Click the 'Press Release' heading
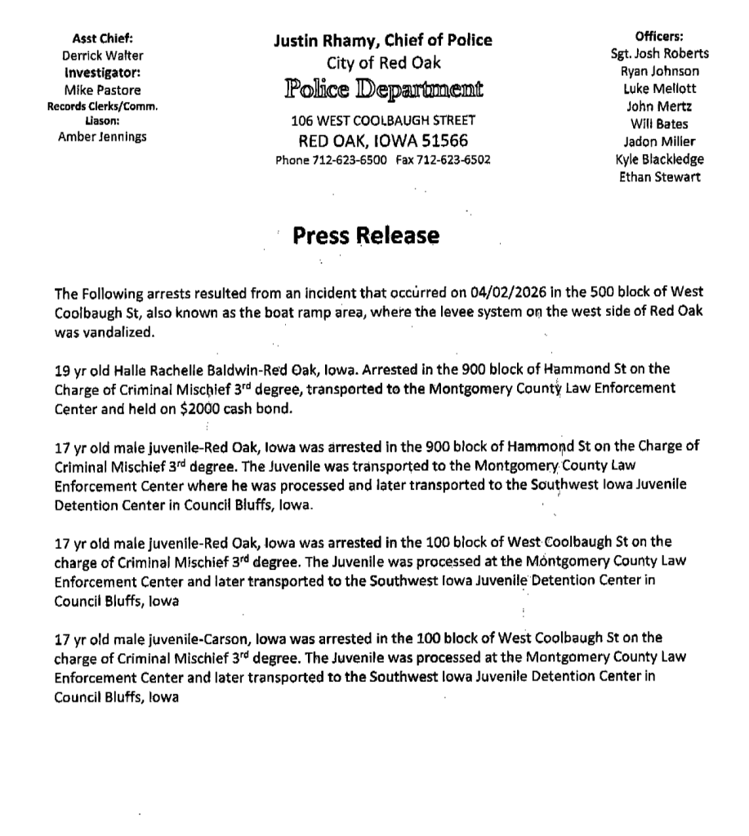(365, 236)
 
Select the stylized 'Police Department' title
(383, 89)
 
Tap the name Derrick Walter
(102, 56)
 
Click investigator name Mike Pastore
(102, 90)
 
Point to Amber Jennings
(102, 136)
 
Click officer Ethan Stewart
(659, 177)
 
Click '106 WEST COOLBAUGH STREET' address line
(383, 120)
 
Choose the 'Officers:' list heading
(659, 37)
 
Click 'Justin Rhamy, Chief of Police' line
(383, 40)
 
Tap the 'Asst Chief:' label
(102, 38)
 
